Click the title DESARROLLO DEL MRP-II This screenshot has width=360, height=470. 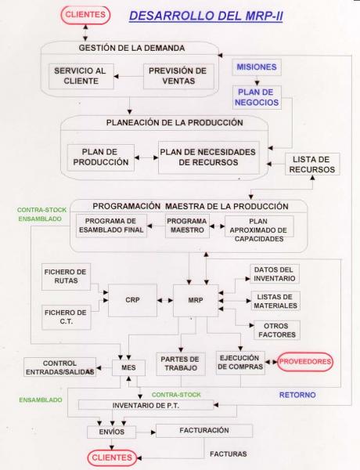(206, 16)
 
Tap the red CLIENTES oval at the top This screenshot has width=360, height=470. (85, 15)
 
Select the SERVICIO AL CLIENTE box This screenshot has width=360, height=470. (81, 76)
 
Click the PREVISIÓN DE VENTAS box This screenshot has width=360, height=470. (178, 76)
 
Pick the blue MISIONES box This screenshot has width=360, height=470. (257, 67)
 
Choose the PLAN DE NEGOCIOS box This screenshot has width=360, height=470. (257, 97)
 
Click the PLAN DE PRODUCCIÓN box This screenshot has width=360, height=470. (101, 157)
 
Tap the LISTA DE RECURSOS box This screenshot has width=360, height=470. (312, 164)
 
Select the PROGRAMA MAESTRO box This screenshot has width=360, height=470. (187, 226)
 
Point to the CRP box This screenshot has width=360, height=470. (132, 300)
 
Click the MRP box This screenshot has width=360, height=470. (196, 300)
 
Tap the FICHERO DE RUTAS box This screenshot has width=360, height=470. (66, 277)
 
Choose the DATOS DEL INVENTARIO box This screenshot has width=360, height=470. (275, 274)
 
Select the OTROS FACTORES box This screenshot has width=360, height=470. (277, 330)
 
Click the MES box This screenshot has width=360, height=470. (128, 367)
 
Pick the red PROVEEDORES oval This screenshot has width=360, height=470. (305, 362)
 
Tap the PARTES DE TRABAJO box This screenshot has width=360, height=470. (180, 363)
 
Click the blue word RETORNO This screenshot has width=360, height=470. (297, 395)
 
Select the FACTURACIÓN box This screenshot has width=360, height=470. (204, 430)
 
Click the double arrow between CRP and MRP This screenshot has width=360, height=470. (165, 300)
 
